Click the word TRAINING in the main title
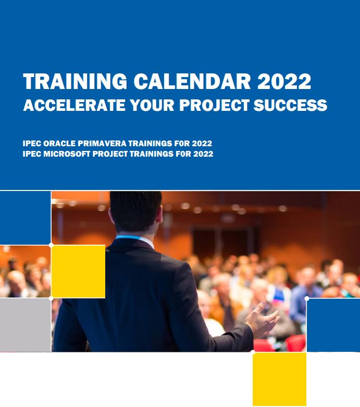(75, 81)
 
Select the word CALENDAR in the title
(192, 81)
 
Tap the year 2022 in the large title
(284, 81)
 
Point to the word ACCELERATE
(75, 105)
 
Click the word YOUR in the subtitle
(152, 105)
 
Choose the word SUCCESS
(290, 105)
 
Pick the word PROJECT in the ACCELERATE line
(214, 105)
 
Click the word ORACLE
(59, 143)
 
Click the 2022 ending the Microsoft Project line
(203, 154)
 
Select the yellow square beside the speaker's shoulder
(78, 271)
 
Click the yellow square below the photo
(279, 379)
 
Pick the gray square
(25, 325)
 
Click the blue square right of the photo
(333, 325)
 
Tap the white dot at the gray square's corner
(51, 299)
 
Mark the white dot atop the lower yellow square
(253, 352)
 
